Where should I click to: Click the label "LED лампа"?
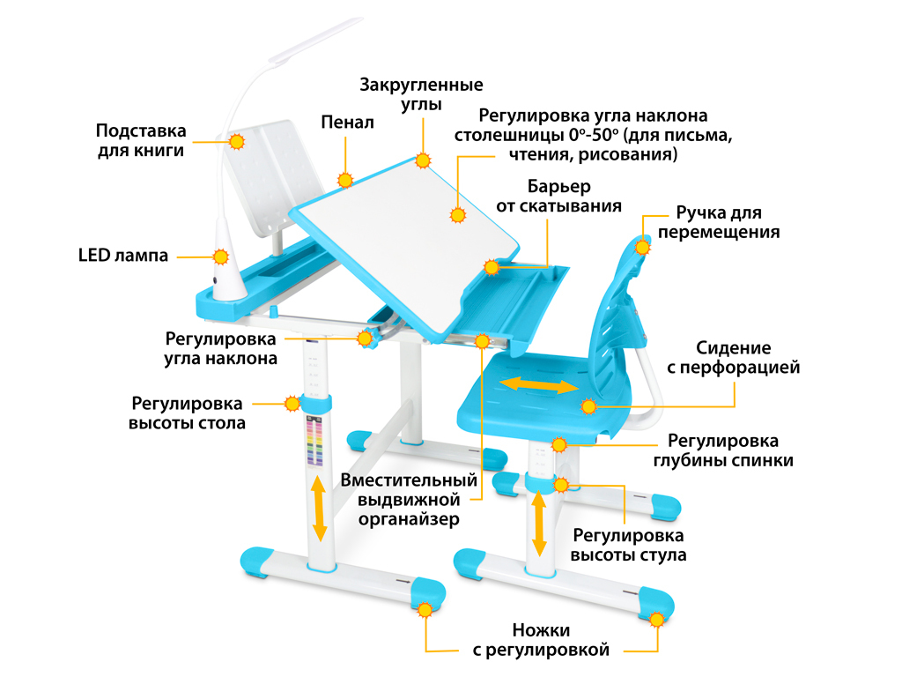point(123,255)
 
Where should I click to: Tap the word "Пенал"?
point(347,122)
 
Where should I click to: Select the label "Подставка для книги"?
point(141,140)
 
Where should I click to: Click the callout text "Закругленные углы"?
point(422,94)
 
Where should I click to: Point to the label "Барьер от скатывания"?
point(559,197)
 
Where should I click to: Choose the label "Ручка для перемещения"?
point(719,222)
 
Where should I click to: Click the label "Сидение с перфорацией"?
point(734,358)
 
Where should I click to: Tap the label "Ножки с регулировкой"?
point(541,640)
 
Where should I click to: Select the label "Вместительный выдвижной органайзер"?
point(409,500)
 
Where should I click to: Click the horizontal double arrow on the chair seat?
point(538,386)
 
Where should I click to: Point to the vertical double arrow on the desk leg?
point(319,509)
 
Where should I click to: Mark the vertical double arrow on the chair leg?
point(539,523)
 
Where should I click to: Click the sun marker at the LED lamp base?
point(221,257)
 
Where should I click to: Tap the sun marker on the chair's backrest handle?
point(642,248)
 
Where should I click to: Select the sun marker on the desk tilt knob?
point(365,338)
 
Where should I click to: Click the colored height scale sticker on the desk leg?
point(314,441)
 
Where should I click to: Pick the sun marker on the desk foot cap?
point(425,610)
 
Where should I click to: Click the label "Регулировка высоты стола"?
point(187,413)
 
